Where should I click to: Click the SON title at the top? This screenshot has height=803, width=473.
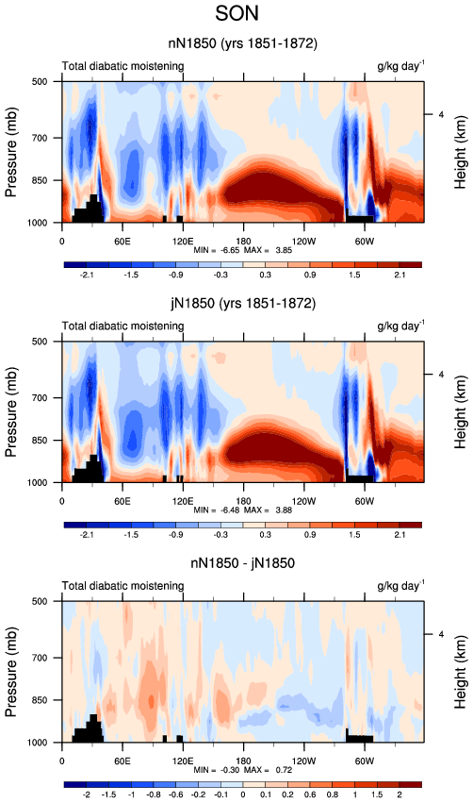[x=236, y=13]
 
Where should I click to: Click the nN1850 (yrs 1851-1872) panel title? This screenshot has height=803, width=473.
[x=243, y=43]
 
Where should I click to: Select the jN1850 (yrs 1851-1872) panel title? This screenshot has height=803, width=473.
[x=243, y=303]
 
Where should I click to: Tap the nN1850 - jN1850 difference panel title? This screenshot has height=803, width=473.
[x=242, y=563]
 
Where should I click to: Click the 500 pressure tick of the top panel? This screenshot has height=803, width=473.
[x=41, y=81]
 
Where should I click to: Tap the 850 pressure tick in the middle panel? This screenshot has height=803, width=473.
[x=41, y=440]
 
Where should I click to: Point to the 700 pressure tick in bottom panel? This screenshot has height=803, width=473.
[x=41, y=658]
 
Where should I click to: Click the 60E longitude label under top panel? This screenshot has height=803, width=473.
[x=122, y=242]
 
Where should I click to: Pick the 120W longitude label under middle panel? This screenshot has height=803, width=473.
[x=303, y=501]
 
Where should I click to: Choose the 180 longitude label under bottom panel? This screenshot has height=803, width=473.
[x=243, y=761]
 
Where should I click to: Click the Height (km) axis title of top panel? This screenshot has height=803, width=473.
[x=460, y=152]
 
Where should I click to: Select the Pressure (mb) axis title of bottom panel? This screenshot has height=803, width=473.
[x=10, y=672]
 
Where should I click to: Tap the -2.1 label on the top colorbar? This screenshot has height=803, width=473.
[x=87, y=275]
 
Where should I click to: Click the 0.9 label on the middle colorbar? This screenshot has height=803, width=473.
[x=310, y=535]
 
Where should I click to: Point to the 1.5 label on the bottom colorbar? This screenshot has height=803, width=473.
[x=377, y=795]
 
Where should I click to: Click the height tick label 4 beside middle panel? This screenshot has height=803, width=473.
[x=441, y=375]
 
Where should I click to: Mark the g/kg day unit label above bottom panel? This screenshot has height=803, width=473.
[x=400, y=585]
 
